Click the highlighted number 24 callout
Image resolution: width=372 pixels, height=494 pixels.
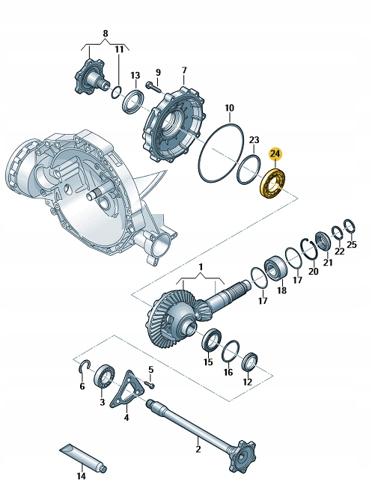(275, 153)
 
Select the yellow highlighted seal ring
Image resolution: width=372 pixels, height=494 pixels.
(273, 183)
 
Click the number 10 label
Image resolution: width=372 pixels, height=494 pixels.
(230, 108)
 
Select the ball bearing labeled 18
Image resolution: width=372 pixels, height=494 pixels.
(276, 267)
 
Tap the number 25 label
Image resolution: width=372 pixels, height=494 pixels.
(352, 244)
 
